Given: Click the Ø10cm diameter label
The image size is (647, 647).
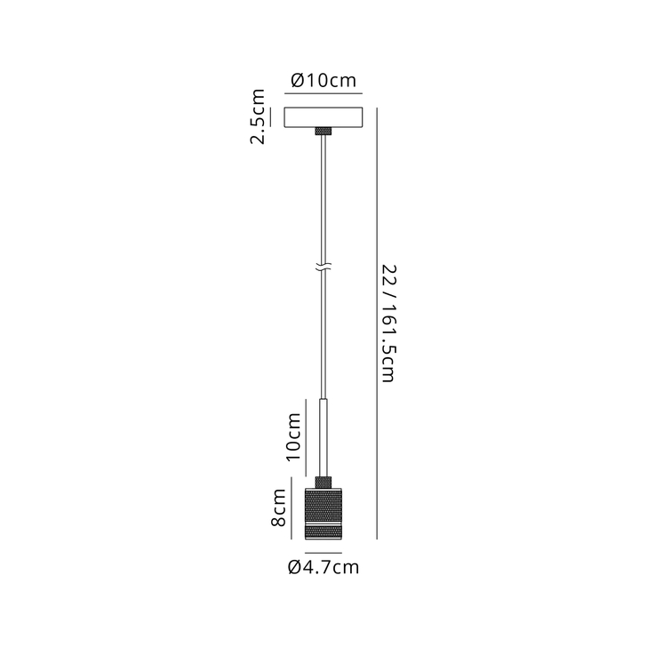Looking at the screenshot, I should [323, 81].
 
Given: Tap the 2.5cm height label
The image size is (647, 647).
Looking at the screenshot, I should [258, 116].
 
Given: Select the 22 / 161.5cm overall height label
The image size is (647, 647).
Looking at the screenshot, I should [388, 323].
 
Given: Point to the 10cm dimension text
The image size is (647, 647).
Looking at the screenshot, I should [292, 435].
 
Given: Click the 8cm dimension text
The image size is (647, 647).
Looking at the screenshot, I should [278, 512].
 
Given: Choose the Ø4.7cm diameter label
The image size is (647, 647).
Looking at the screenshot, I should [323, 568].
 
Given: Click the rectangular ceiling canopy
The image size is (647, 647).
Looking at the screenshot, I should [323, 117].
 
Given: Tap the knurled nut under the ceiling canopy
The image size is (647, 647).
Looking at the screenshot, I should [323, 132].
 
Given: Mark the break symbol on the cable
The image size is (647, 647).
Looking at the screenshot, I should [323, 266].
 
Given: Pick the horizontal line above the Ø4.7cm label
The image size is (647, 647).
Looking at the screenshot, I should [323, 551].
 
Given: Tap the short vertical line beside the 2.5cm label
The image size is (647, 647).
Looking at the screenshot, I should [270, 117].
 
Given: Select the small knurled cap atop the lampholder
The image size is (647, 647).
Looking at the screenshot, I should [323, 481].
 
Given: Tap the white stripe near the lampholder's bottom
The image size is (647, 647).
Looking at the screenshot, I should [323, 528].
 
